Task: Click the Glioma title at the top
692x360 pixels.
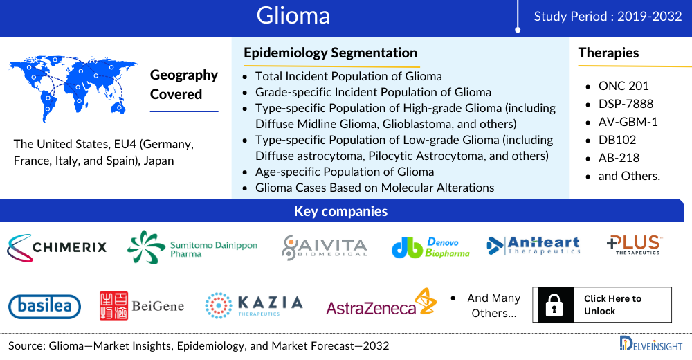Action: (x=293, y=15)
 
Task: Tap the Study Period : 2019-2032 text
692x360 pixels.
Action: (x=608, y=17)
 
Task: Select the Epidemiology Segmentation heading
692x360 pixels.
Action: (x=331, y=53)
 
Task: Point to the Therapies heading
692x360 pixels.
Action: (x=608, y=53)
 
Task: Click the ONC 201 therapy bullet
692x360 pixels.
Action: (x=623, y=86)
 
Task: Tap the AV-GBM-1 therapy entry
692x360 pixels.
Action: (x=628, y=122)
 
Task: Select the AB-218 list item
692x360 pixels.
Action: (x=619, y=158)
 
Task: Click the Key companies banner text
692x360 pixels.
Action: (x=340, y=211)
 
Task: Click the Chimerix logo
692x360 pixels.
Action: (x=57, y=247)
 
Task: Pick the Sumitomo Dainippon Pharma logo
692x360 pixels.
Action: (x=192, y=247)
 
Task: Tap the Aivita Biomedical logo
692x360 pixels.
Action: (x=325, y=248)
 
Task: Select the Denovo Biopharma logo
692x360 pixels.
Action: (x=430, y=248)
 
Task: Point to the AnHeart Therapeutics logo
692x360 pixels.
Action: (x=534, y=245)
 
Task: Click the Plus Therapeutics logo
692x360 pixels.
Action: (x=634, y=244)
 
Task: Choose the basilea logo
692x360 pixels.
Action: (x=44, y=307)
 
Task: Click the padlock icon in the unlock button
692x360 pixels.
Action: (x=554, y=305)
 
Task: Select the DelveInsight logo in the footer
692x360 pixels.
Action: (x=651, y=344)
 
